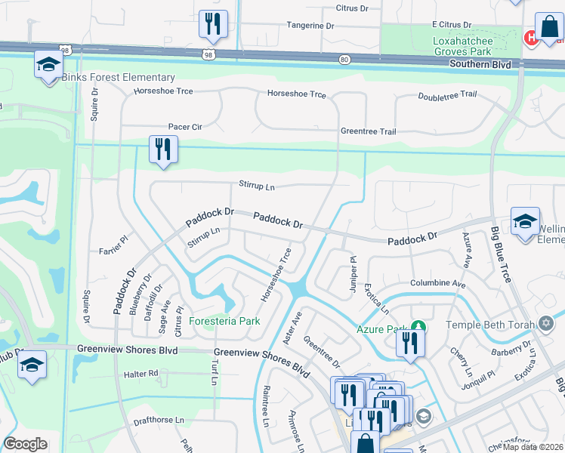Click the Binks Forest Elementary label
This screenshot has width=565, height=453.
(x=119, y=78)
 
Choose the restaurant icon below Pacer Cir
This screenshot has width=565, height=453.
(x=162, y=149)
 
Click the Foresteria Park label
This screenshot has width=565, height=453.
(x=224, y=321)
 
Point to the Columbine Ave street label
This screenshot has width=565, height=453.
(x=437, y=283)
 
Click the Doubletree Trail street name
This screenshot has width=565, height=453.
(x=447, y=95)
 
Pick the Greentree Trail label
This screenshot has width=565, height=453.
(x=368, y=131)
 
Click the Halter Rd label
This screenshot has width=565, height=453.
(x=142, y=374)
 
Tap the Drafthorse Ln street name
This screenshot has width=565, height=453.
(x=158, y=420)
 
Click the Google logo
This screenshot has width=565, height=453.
(x=26, y=444)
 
